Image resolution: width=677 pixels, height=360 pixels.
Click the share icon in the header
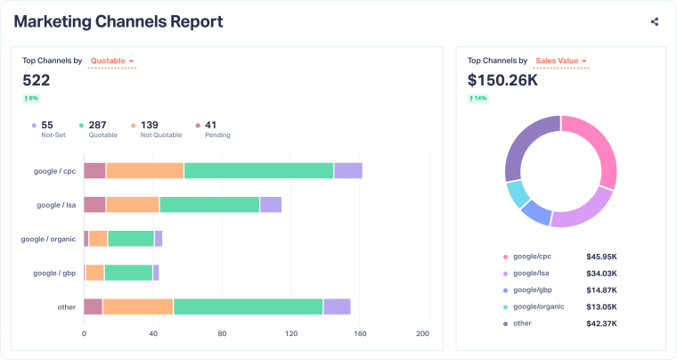coord(655,22)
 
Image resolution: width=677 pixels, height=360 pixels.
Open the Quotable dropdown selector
coord(112,61)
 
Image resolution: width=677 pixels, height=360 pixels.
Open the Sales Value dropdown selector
coord(560,61)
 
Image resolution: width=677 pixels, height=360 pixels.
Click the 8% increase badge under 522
coord(32,98)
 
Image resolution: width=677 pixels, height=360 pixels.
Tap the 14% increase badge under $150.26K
coord(478,98)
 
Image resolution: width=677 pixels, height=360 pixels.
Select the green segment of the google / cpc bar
coord(258,171)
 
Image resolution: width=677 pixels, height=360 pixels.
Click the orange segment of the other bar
coord(137,307)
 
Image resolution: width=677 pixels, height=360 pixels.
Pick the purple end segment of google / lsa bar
coord(270,205)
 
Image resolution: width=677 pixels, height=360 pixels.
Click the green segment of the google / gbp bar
coord(127,273)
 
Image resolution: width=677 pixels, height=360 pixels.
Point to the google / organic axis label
coord(48,239)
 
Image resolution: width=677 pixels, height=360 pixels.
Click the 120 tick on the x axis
coord(291,334)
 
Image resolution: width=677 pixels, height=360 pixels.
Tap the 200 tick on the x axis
coord(422,334)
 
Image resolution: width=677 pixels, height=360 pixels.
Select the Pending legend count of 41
coord(211,126)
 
